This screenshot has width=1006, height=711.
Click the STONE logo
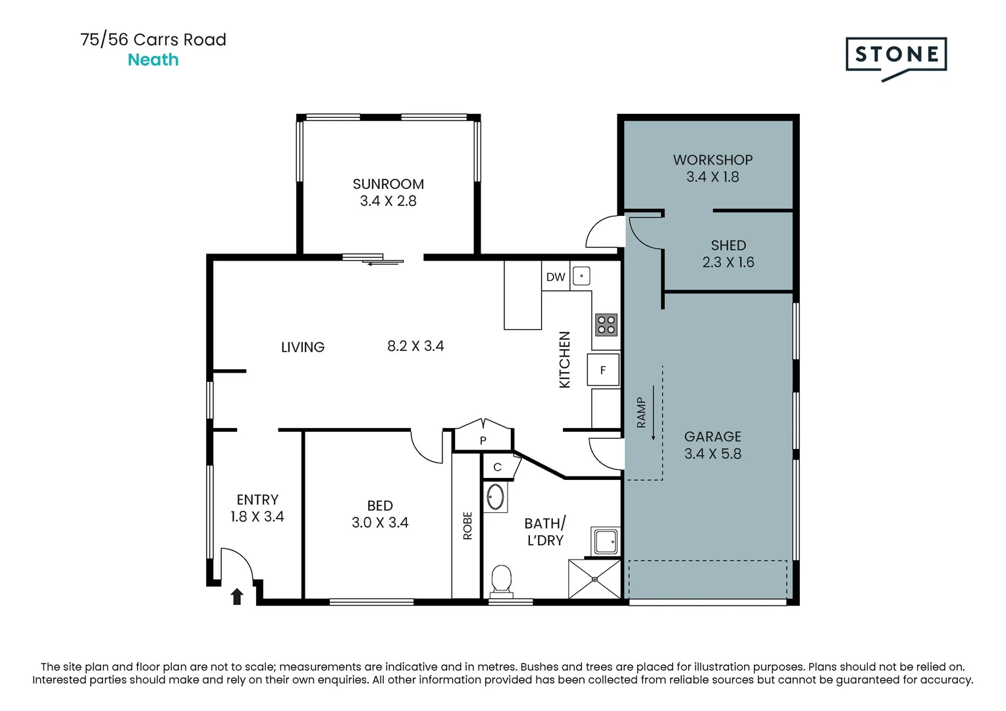point(896,59)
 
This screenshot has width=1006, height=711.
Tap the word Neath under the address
point(153,60)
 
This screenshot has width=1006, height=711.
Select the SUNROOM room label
point(388,184)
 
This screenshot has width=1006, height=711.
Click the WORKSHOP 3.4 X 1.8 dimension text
point(713,177)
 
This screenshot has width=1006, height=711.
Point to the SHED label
point(728,246)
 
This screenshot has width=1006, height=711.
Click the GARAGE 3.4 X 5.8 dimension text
point(713,454)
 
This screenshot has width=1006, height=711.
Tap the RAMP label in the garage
point(641,412)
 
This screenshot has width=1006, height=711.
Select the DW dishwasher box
point(556,276)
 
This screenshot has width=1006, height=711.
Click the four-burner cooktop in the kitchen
point(606,325)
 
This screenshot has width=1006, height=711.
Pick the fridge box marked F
point(603,369)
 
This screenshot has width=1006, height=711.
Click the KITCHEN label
point(564,359)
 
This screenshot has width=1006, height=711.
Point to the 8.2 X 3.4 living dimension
point(415,346)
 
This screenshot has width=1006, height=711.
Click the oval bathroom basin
point(495,497)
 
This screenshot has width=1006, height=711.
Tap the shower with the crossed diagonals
point(595,579)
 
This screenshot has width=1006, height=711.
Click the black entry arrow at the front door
point(237,597)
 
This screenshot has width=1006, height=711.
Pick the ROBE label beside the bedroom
point(467,525)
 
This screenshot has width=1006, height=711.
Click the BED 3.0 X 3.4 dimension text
point(380,523)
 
